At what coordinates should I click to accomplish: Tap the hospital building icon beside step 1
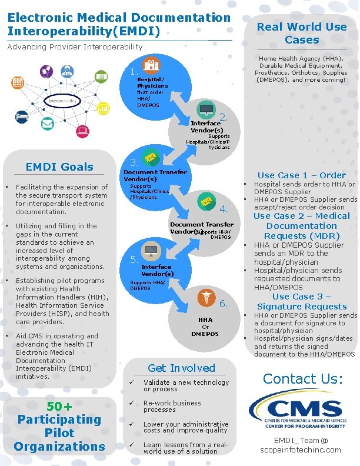point(151,65)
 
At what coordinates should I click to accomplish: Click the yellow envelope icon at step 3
point(151,158)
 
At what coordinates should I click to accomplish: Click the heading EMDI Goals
point(59,167)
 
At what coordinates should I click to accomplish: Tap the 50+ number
point(59,407)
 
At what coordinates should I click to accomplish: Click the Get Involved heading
point(181,368)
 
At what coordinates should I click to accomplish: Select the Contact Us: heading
point(302,378)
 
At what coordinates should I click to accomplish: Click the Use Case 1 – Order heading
point(301,175)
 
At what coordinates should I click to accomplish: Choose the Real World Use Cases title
point(302,33)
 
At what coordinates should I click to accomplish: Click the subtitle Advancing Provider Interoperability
point(75,46)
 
